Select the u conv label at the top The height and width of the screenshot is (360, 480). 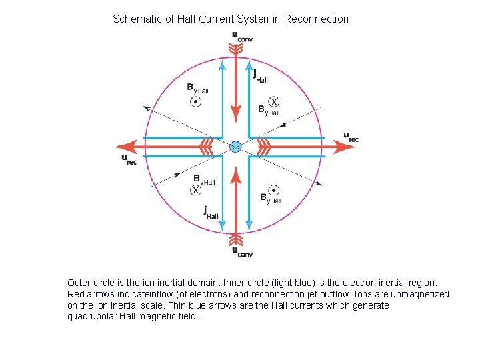tap(241, 37)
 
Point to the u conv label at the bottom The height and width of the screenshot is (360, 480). tap(241, 251)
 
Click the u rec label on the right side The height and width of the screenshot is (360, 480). tap(351, 137)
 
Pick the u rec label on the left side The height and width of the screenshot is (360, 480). tap(129, 159)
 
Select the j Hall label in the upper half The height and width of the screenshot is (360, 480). tap(260, 77)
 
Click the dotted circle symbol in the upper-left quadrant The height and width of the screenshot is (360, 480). tap(195, 102)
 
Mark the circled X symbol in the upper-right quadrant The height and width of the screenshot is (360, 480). tap(273, 101)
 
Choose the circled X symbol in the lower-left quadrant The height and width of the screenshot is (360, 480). tap(195, 190)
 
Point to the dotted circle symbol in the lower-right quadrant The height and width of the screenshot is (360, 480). tap(273, 189)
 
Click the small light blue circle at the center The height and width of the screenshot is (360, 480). tap(235, 147)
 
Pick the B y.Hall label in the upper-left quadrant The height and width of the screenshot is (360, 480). tap(197, 88)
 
